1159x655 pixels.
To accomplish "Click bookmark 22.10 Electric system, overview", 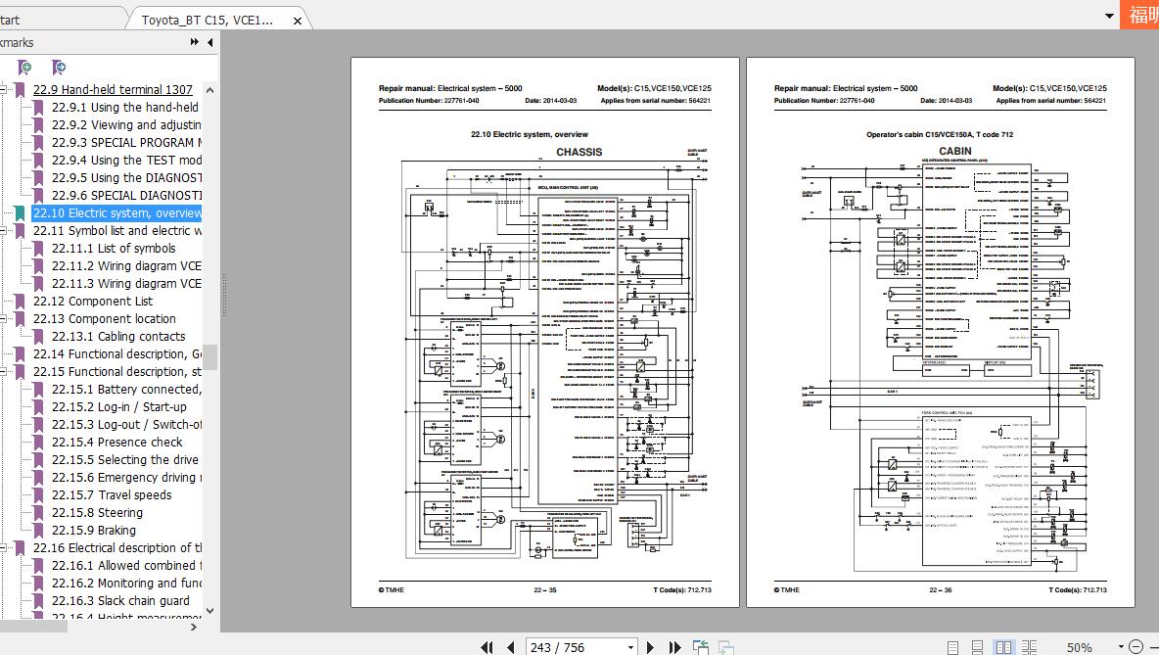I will (x=116, y=213).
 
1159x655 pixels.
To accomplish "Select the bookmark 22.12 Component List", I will (x=92, y=302).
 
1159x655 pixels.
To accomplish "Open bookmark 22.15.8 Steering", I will (x=97, y=513).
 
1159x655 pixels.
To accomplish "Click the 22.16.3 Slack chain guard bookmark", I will (x=119, y=601).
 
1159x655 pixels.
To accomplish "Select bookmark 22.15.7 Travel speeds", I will (x=111, y=495).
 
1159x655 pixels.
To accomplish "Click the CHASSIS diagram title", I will (x=579, y=152).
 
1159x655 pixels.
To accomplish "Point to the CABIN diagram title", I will (x=955, y=152).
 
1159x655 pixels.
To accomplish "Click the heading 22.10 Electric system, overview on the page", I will (x=530, y=134).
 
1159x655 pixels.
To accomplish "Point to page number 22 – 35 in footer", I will (x=545, y=590).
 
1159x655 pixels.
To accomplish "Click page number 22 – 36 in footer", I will (x=941, y=590).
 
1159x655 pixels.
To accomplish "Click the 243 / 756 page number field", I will (x=580, y=647).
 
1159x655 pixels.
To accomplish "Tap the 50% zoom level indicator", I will (x=1080, y=647).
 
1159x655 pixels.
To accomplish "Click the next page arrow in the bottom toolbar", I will (x=651, y=647).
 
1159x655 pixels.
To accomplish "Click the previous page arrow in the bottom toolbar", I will (x=511, y=647).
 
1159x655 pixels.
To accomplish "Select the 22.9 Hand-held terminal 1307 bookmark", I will (x=113, y=90).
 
